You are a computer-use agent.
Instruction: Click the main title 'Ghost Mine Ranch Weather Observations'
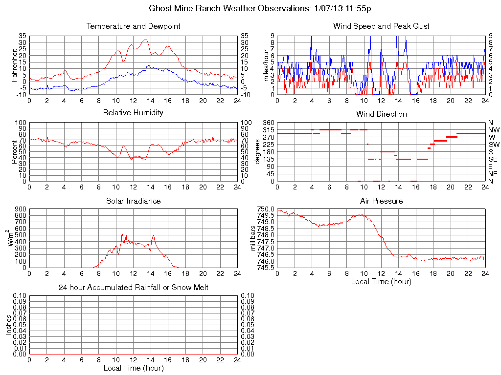pos(229,9)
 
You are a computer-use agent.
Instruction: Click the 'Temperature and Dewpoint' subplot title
pos(133,26)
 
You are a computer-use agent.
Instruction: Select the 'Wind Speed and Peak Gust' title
pos(381,26)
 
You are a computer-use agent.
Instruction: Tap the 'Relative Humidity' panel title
pos(133,113)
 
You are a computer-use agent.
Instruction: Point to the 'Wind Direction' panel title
pos(381,114)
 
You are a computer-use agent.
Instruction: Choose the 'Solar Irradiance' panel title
pos(133,201)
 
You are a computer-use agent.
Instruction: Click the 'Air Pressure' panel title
pos(381,201)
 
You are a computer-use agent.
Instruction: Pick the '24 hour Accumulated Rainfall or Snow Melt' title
pos(133,288)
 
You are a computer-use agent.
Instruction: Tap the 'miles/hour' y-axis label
pos(267,65)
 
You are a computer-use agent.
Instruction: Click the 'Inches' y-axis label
pos(9,325)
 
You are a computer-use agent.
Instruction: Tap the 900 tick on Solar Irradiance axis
pos(20,209)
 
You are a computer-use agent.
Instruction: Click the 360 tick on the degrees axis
pos(267,122)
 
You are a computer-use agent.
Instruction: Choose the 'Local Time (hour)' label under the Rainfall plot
pos(133,368)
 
